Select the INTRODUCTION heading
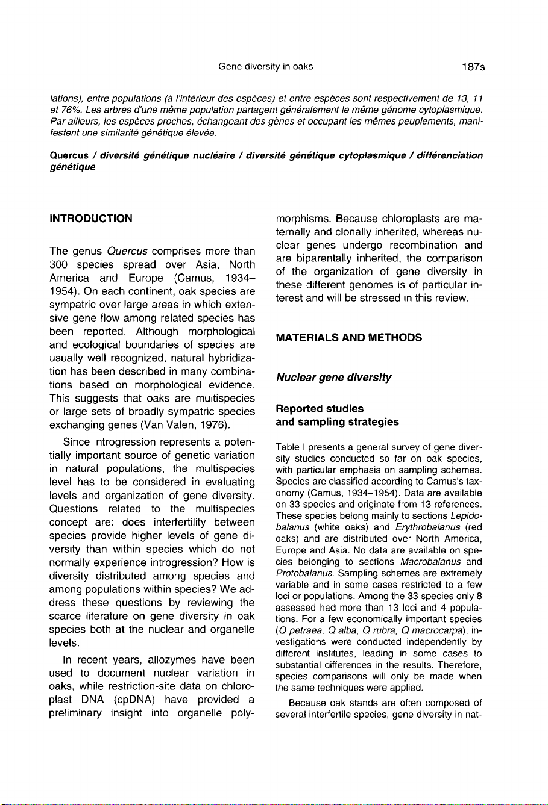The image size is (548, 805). (x=90, y=219)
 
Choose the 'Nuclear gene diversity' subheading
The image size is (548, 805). (x=333, y=378)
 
